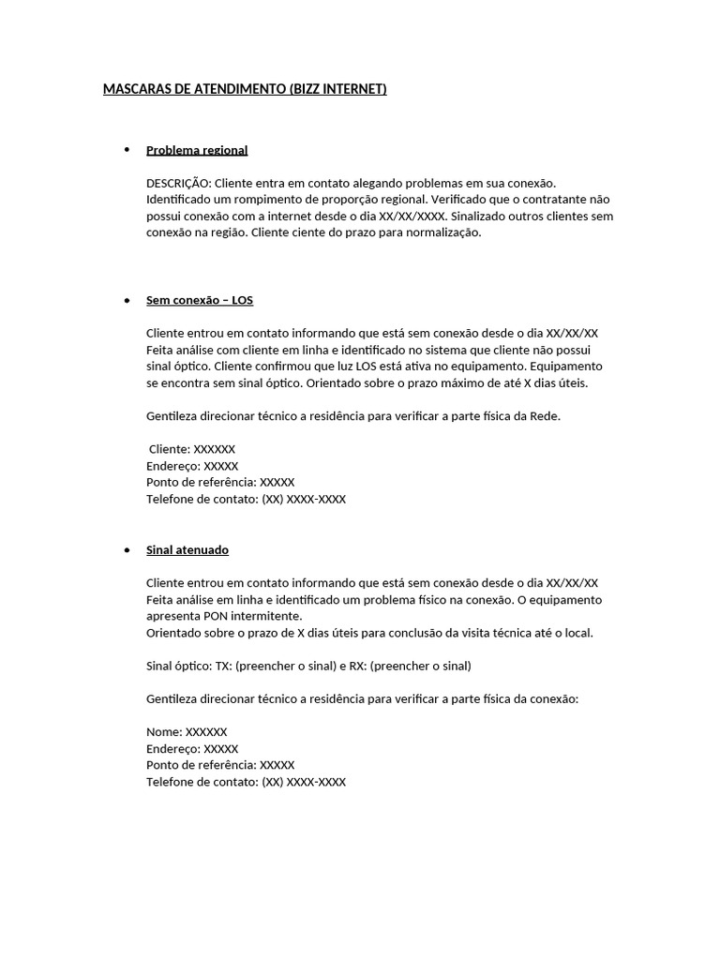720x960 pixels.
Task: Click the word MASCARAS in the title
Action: (x=134, y=89)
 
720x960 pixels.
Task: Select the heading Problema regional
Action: (x=197, y=150)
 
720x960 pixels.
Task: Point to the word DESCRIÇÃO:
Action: (x=179, y=183)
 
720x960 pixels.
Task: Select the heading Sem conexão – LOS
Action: (x=200, y=300)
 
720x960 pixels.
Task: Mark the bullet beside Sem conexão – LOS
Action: (x=127, y=300)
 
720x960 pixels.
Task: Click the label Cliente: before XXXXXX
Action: (x=169, y=449)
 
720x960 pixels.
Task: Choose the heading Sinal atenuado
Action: (x=187, y=549)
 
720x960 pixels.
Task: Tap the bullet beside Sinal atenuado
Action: (x=127, y=549)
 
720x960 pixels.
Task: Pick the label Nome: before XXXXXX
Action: (x=164, y=732)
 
